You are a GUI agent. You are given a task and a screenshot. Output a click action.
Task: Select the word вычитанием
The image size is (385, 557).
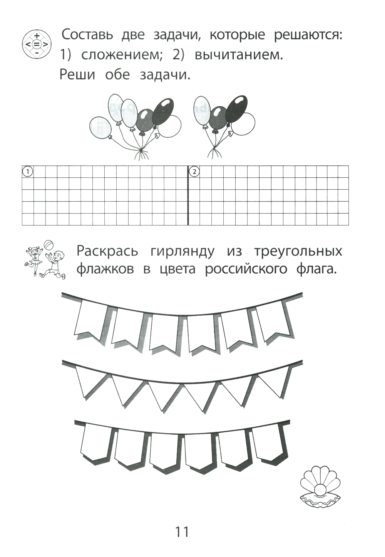pos(239,55)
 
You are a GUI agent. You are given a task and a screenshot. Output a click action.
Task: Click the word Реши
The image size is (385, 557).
pos(77,75)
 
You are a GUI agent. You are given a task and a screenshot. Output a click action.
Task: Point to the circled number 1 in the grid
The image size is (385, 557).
pos(28,171)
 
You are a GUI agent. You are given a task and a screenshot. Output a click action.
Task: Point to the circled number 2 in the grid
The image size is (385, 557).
pos(194,171)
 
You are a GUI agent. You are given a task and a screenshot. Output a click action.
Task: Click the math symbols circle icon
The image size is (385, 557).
pos(37,45)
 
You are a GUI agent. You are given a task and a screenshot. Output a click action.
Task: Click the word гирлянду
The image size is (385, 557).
pos(182,252)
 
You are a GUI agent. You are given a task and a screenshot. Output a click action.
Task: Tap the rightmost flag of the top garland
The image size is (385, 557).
pos(273,321)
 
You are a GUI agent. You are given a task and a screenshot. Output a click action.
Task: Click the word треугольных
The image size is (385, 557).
pos(298,252)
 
